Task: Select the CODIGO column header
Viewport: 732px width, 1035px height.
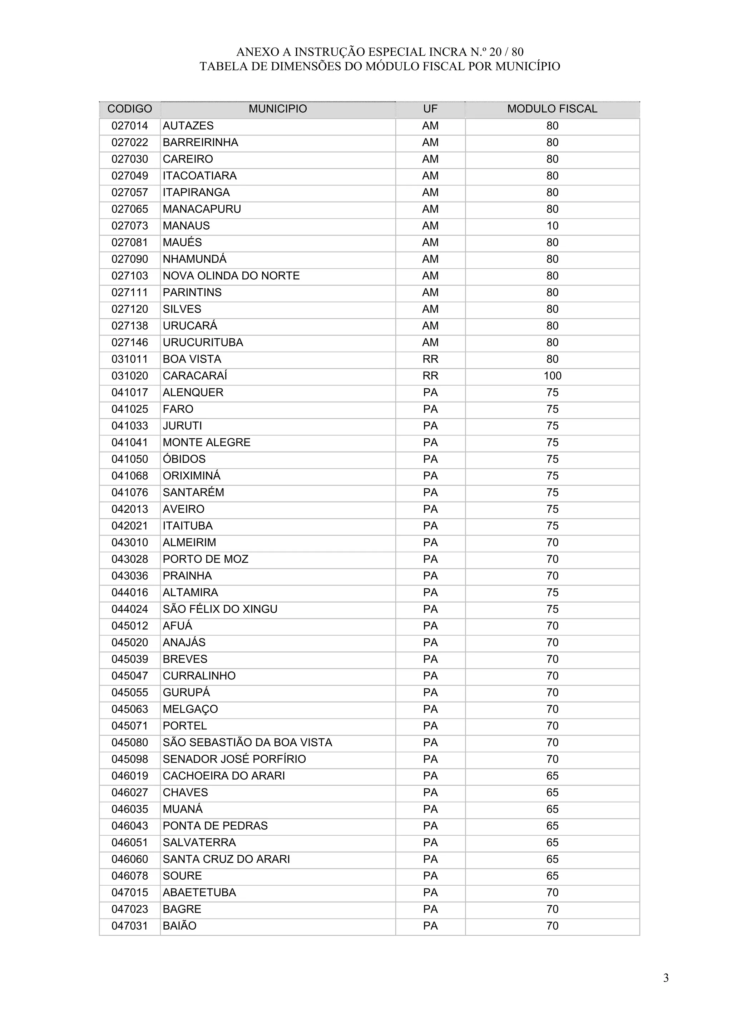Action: click(129, 109)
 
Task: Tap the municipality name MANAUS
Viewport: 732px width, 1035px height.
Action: click(186, 226)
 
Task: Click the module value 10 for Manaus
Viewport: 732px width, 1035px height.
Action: click(552, 226)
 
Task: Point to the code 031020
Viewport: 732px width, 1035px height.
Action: click(129, 376)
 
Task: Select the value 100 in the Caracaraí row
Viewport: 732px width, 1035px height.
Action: click(552, 376)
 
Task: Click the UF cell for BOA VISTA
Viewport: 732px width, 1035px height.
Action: click(430, 359)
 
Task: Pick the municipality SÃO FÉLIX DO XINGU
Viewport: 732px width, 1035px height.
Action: click(220, 609)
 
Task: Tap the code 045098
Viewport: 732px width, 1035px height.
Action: click(129, 760)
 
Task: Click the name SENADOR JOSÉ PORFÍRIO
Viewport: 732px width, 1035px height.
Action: click(234, 760)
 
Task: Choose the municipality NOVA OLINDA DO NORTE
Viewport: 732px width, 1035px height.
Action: click(231, 276)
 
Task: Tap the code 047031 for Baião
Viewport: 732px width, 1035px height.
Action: click(129, 926)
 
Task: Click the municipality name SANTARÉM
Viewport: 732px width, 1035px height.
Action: click(193, 493)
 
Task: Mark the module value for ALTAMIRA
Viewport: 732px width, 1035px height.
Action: click(552, 593)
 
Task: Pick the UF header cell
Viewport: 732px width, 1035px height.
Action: click(430, 109)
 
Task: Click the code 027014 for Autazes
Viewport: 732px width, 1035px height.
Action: click(129, 126)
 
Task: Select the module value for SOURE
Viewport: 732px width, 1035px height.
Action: click(552, 876)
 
